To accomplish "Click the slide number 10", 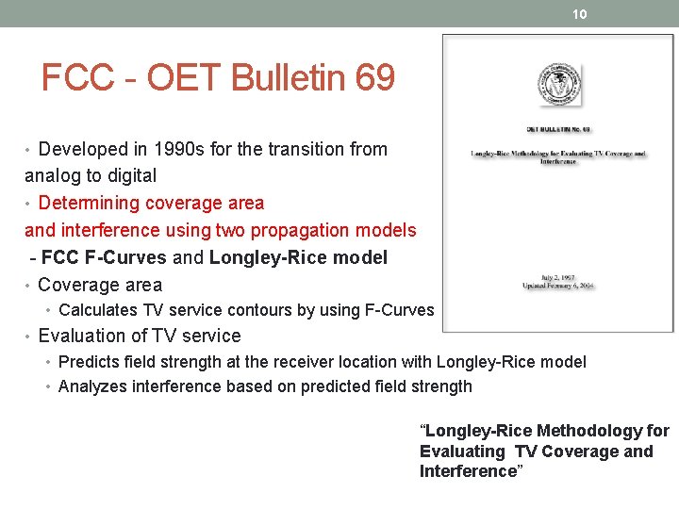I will (x=580, y=14).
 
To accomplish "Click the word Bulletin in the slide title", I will (x=288, y=78).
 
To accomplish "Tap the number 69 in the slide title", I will (x=374, y=78).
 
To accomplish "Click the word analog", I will (x=52, y=175).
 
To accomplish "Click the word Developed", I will (x=85, y=149).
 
